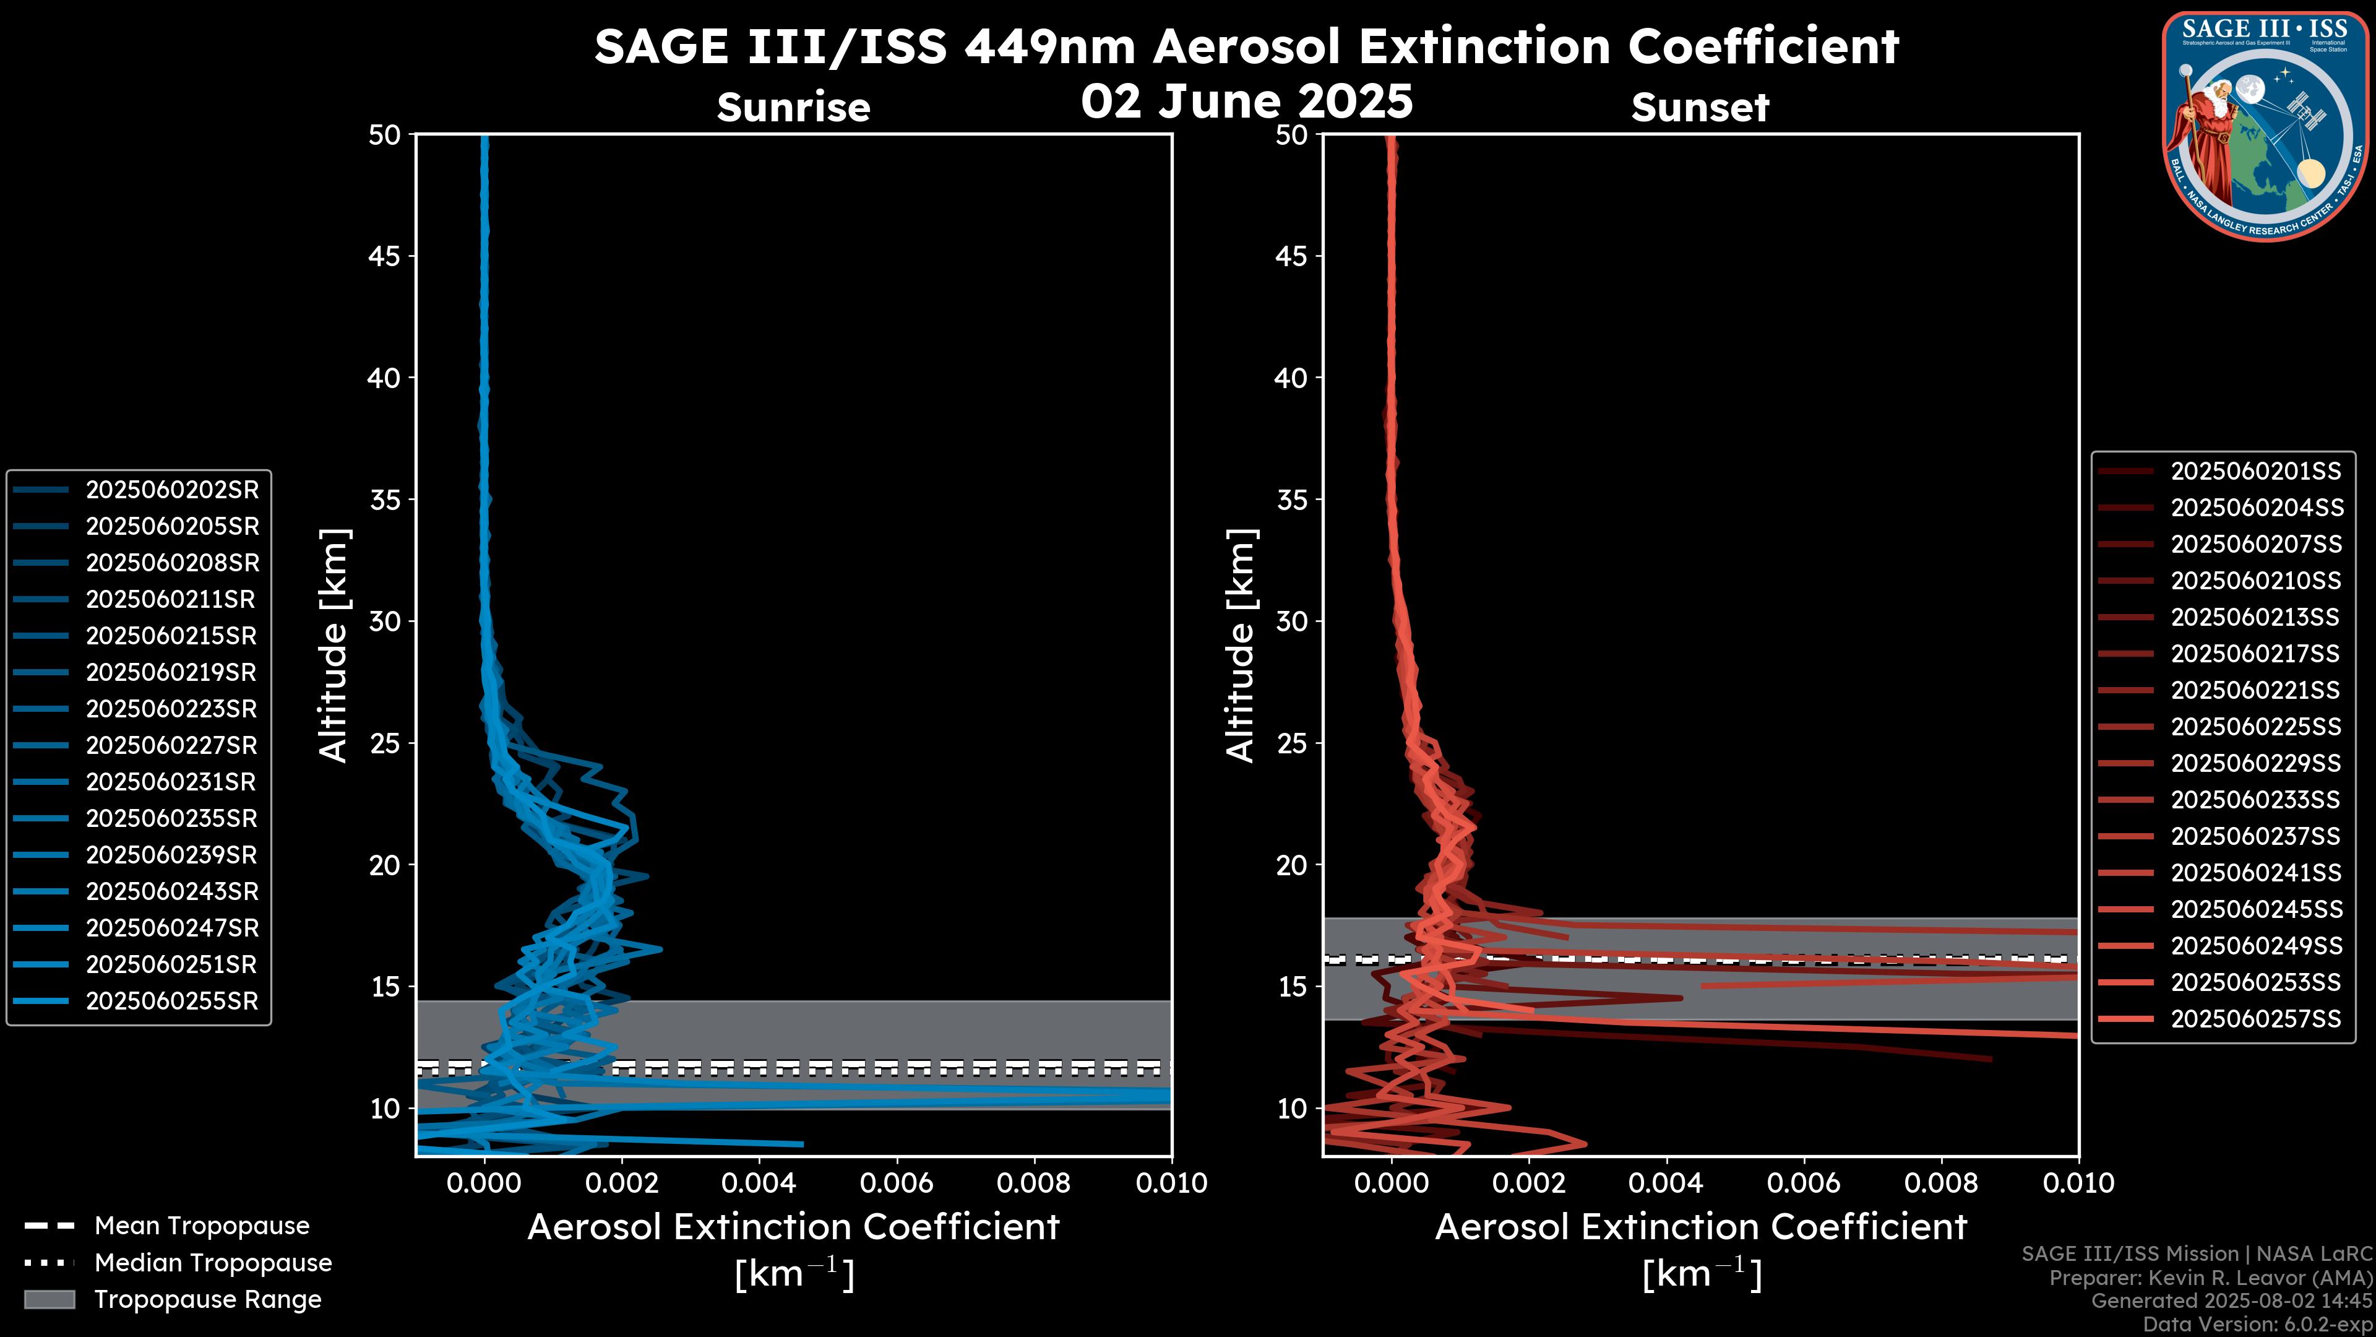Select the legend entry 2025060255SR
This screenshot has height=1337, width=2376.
tap(171, 1001)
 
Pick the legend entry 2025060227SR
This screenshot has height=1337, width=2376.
tap(171, 745)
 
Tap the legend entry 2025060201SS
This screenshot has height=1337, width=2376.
tap(2255, 472)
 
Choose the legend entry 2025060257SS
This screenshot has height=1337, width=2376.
tap(2255, 1019)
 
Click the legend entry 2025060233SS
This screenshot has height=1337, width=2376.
tap(2255, 800)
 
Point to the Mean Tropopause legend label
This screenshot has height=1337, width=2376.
tap(202, 1226)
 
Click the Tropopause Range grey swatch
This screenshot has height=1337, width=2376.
tap(49, 1299)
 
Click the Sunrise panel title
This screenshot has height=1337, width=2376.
tap(793, 108)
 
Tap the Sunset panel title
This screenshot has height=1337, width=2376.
tap(1700, 108)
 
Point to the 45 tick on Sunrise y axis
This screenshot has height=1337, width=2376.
tap(385, 256)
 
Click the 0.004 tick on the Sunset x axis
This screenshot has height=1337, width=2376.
tap(1666, 1183)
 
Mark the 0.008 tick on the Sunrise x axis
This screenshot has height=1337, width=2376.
tap(1033, 1183)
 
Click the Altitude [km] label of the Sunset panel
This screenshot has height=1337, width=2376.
tap(1241, 646)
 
